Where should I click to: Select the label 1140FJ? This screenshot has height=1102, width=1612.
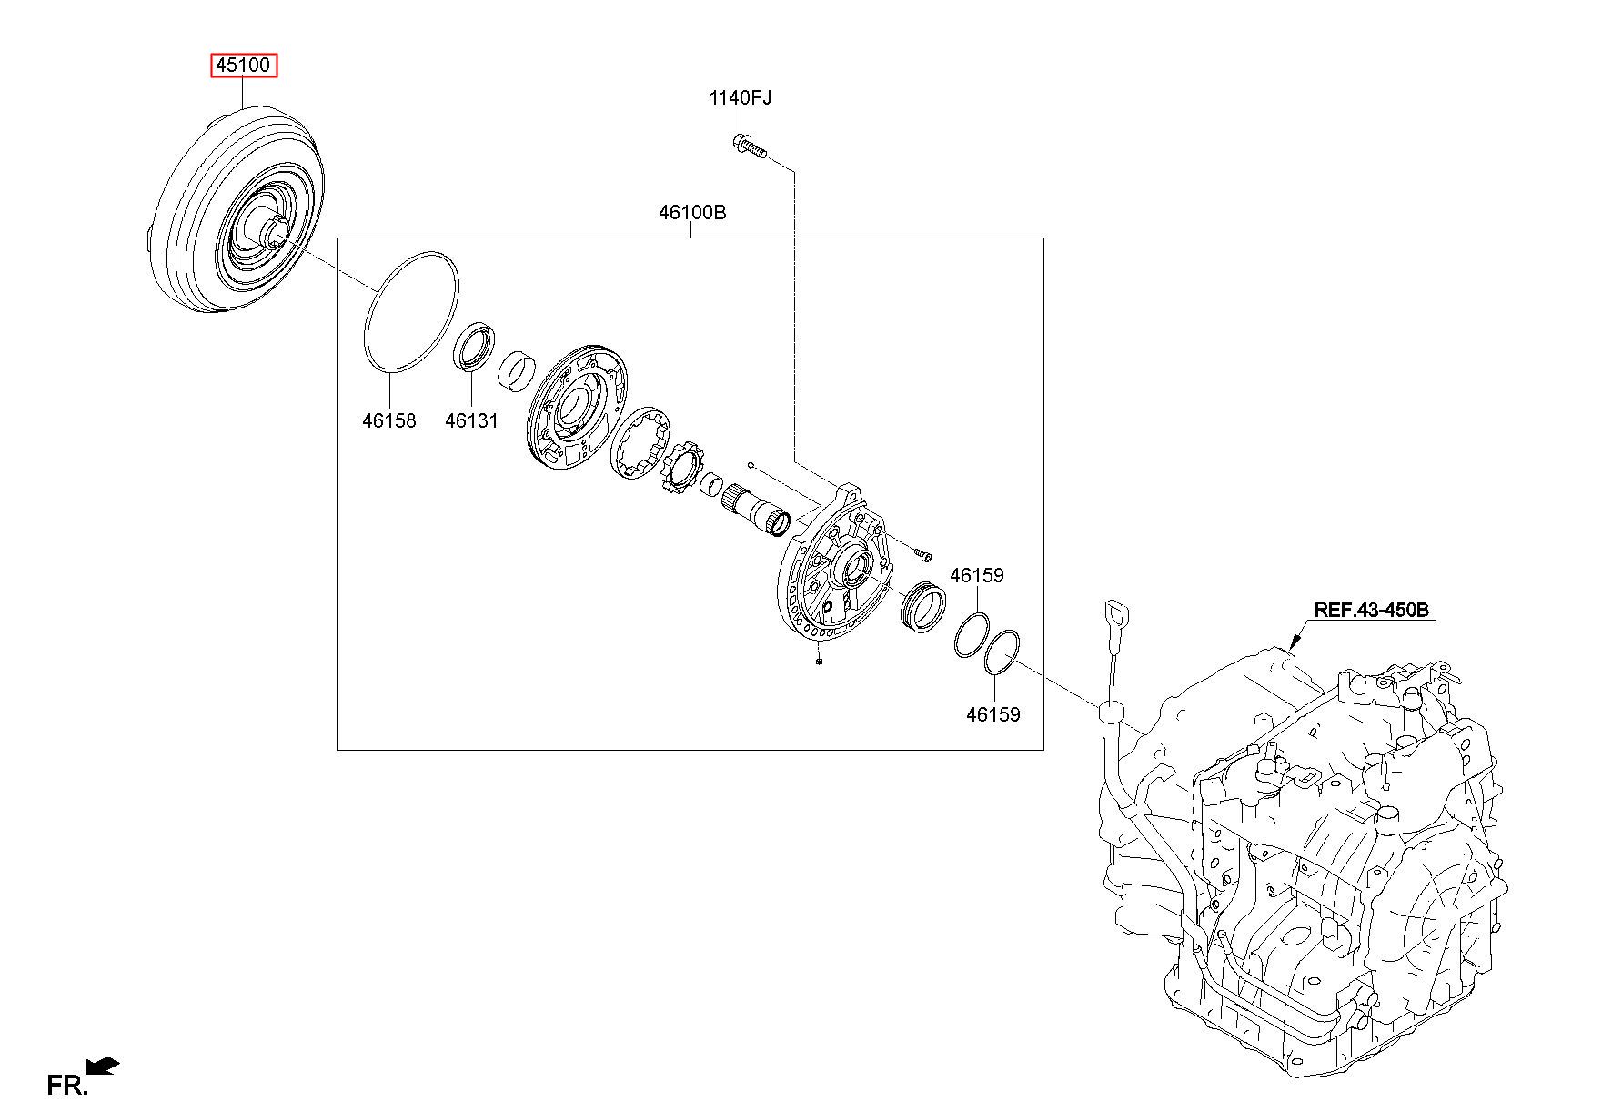tap(740, 97)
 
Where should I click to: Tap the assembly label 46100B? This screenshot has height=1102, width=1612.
tap(692, 213)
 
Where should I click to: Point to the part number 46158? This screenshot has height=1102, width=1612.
tap(388, 420)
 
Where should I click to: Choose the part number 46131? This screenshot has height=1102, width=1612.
tap(471, 420)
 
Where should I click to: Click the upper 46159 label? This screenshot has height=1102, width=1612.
tap(976, 575)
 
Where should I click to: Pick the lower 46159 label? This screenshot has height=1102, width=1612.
tap(992, 714)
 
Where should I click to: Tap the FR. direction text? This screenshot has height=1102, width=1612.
tap(67, 1085)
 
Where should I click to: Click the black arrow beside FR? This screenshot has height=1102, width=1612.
tap(103, 1066)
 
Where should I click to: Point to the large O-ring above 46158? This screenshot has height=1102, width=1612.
tap(411, 311)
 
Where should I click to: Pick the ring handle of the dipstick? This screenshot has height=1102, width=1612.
tap(1113, 614)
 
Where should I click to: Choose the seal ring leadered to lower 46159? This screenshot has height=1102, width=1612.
tap(1002, 652)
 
